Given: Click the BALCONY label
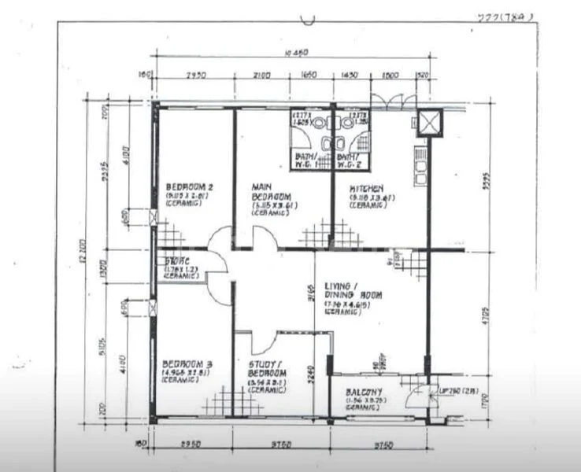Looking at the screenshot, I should click(364, 393).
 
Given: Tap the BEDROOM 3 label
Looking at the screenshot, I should click(184, 365).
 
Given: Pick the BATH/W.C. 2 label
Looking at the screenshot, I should click(349, 160).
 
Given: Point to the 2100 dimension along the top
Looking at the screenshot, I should click(261, 76).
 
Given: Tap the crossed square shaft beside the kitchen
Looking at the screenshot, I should click(430, 122).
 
